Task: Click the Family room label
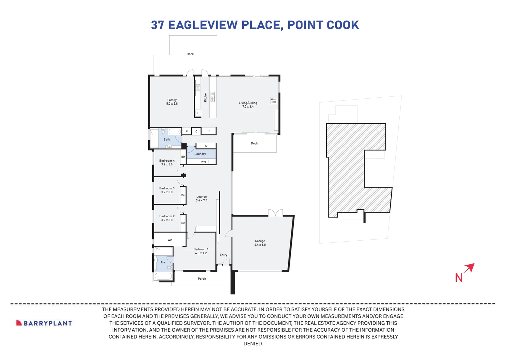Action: pyautogui.click(x=172, y=102)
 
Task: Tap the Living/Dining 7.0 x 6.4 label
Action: pyautogui.click(x=248, y=105)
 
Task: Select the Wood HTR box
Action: pyautogui.click(x=273, y=100)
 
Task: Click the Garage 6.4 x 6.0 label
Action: pyautogui.click(x=260, y=243)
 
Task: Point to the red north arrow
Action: pyautogui.click(x=469, y=268)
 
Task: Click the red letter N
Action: pyautogui.click(x=459, y=278)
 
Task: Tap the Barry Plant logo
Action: pyautogui.click(x=44, y=323)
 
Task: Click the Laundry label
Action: pyautogui.click(x=200, y=154)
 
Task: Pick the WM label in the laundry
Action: pyautogui.click(x=204, y=162)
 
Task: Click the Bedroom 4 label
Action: pyautogui.click(x=167, y=162)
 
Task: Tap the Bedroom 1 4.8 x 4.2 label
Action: pyautogui.click(x=201, y=251)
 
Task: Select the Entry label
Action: pyautogui.click(x=224, y=255)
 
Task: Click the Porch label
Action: pyautogui.click(x=202, y=279)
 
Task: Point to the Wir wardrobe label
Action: pyautogui.click(x=170, y=240)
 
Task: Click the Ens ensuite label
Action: pyautogui.click(x=163, y=262)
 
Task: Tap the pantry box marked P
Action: pyautogui.click(x=209, y=131)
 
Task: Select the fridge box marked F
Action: pyautogui.click(x=198, y=113)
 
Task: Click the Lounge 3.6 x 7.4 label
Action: pyautogui.click(x=202, y=198)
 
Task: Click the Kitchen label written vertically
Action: pyautogui.click(x=206, y=97)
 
